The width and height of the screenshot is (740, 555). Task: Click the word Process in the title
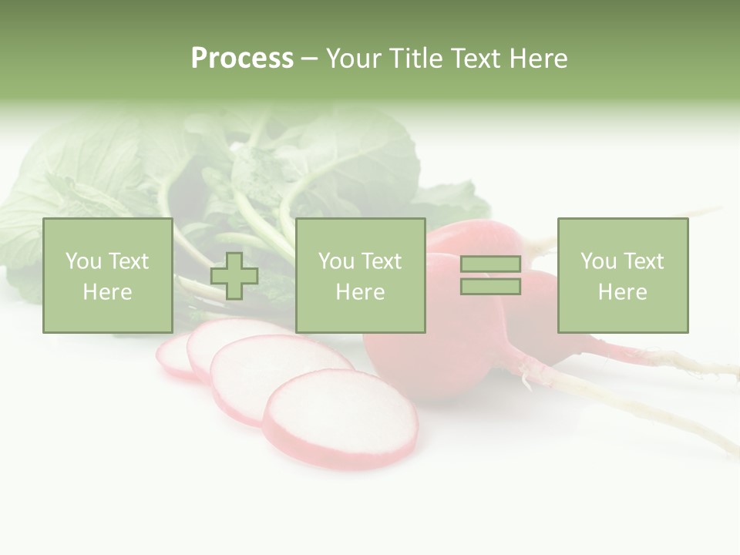[x=242, y=59]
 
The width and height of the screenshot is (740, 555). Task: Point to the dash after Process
[x=309, y=59]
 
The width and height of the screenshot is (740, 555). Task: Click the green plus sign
[x=234, y=276]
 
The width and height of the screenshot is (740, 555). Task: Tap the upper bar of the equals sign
[x=490, y=264]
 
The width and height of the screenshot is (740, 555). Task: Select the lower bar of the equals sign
[x=490, y=286]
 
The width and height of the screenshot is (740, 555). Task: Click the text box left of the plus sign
[x=107, y=275]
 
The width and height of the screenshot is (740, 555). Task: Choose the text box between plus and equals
[x=360, y=275]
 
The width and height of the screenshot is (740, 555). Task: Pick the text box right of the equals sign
[x=622, y=275]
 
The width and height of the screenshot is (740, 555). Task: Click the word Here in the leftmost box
[x=107, y=292]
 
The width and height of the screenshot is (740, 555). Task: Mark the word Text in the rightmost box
[x=644, y=261]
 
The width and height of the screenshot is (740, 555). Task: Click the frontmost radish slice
[x=341, y=418]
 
